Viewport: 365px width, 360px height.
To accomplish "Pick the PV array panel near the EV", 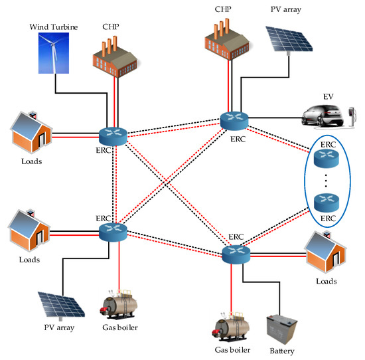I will tap(291, 46).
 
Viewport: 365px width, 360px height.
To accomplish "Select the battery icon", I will tap(283, 327).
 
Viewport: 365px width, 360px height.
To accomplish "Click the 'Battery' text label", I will tap(283, 351).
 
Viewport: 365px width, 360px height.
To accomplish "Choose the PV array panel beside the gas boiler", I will tap(60, 305).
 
